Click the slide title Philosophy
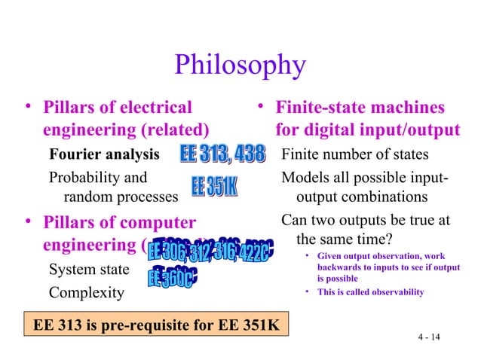click(x=240, y=66)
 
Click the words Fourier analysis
click(x=104, y=155)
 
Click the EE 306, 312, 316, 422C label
click(x=208, y=252)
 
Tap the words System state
click(x=88, y=270)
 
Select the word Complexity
click(x=86, y=291)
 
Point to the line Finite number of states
click(x=354, y=155)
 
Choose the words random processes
click(x=121, y=197)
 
